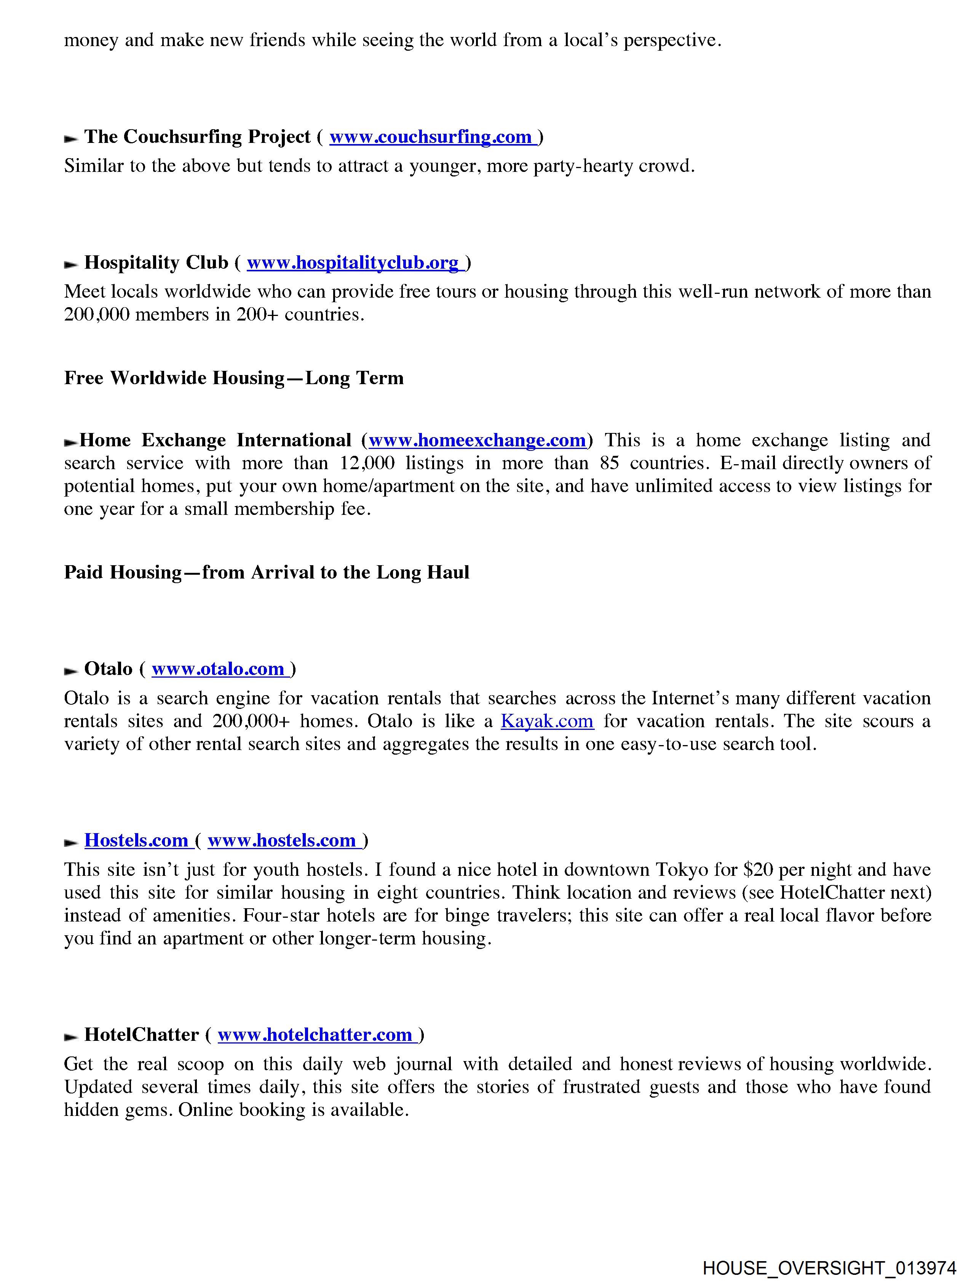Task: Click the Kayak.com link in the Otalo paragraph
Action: click(547, 721)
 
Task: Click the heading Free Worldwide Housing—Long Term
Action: click(234, 378)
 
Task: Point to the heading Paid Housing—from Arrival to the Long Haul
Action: click(266, 572)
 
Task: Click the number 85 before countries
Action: click(610, 463)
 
